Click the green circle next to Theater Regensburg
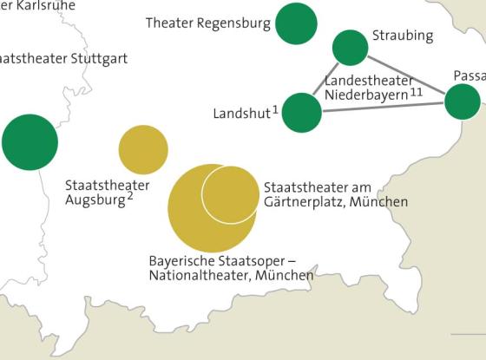296,23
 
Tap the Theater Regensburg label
208,23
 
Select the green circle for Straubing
350,48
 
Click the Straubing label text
402,36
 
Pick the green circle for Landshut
302,112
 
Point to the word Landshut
241,114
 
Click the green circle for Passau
463,101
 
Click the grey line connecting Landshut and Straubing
326,80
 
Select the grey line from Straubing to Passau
406,75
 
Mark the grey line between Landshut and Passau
382,107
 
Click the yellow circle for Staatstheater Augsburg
143,150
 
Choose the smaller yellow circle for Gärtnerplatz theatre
230,193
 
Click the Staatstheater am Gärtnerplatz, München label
335,194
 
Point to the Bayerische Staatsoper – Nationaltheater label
230,267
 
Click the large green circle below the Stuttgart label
30,141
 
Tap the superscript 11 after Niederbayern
417,91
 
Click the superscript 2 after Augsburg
129,196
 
